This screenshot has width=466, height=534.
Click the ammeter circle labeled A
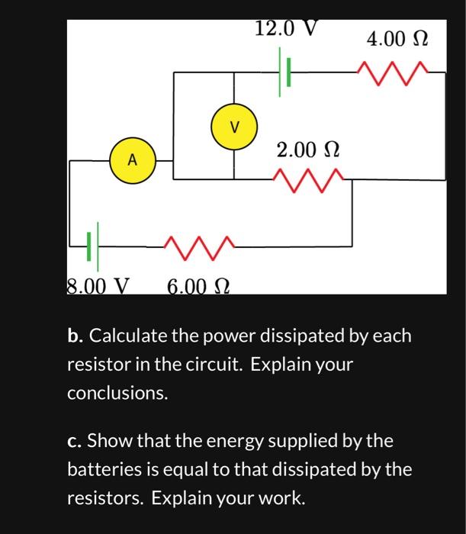(132, 160)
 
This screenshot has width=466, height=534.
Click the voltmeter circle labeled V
(234, 126)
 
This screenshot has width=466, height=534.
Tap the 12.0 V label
(285, 29)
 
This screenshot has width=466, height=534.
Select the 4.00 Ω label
(397, 38)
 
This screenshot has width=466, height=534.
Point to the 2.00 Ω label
(307, 150)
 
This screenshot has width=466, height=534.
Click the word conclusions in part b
(117, 394)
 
